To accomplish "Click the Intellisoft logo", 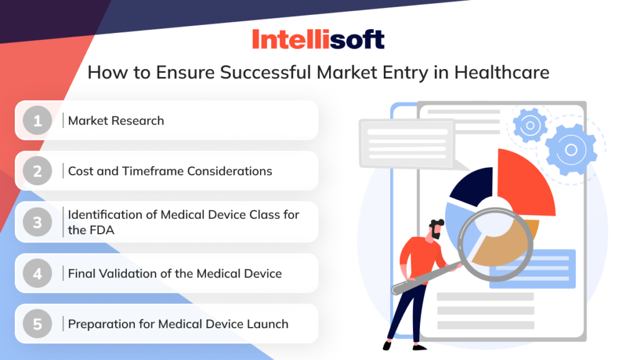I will click(318, 39).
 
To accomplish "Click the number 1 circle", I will click(38, 120).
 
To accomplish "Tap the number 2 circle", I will click(38, 170).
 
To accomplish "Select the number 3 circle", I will click(38, 221).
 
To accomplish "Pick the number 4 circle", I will click(38, 273).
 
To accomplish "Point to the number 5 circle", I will click(38, 323).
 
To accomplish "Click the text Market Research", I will click(116, 121).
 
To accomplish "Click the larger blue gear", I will click(570, 149).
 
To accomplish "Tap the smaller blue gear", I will click(530, 125).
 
